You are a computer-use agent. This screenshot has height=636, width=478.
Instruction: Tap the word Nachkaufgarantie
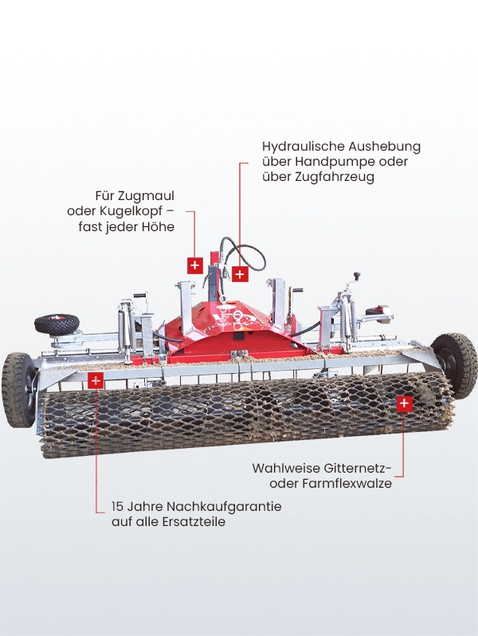coord(224,507)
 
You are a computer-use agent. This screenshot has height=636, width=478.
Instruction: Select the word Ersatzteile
coord(194,521)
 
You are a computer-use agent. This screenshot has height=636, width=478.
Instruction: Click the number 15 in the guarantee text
coord(117,507)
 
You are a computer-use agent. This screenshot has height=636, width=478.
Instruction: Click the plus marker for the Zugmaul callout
coord(195,265)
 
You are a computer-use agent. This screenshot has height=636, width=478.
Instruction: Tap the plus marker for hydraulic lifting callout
coord(240,275)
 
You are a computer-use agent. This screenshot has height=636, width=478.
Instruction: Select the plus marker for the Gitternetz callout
coord(404,403)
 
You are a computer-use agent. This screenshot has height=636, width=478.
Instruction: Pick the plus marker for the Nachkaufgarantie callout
coord(96,381)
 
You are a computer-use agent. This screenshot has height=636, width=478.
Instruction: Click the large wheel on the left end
coord(18,390)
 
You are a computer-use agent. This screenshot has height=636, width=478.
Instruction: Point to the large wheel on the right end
coord(454,365)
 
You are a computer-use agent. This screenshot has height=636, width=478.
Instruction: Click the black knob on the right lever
coord(357,276)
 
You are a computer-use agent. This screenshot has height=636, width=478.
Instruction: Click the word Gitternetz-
coord(358,468)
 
